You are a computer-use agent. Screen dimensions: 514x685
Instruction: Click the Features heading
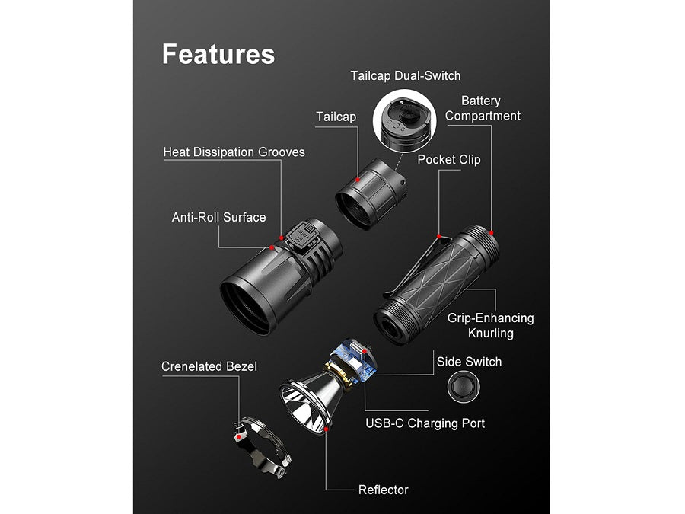point(218,54)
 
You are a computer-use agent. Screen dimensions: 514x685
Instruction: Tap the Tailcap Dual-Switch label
point(405,75)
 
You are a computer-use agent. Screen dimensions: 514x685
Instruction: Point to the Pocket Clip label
point(449,160)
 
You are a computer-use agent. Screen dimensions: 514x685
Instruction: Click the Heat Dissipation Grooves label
point(234,152)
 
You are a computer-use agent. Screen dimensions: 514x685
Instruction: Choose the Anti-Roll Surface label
point(218,217)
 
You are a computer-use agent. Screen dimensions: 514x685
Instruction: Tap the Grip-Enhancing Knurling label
point(490,325)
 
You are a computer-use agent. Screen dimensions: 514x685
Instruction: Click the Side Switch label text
point(469,362)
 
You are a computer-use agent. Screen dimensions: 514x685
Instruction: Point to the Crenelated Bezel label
point(209,367)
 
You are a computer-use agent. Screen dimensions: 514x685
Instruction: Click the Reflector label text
point(384,490)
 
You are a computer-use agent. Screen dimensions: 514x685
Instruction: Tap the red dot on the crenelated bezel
point(239,439)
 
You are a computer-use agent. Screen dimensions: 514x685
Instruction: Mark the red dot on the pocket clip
point(438,234)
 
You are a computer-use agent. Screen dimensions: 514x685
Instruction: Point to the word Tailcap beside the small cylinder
point(336,117)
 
